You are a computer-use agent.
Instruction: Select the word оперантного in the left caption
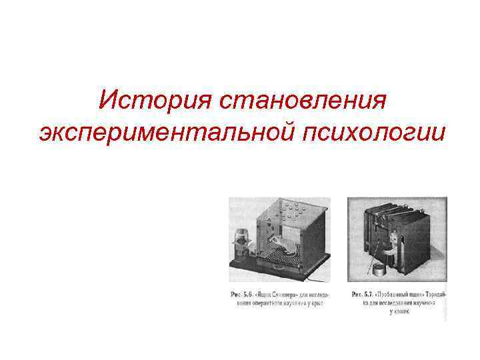263,303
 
